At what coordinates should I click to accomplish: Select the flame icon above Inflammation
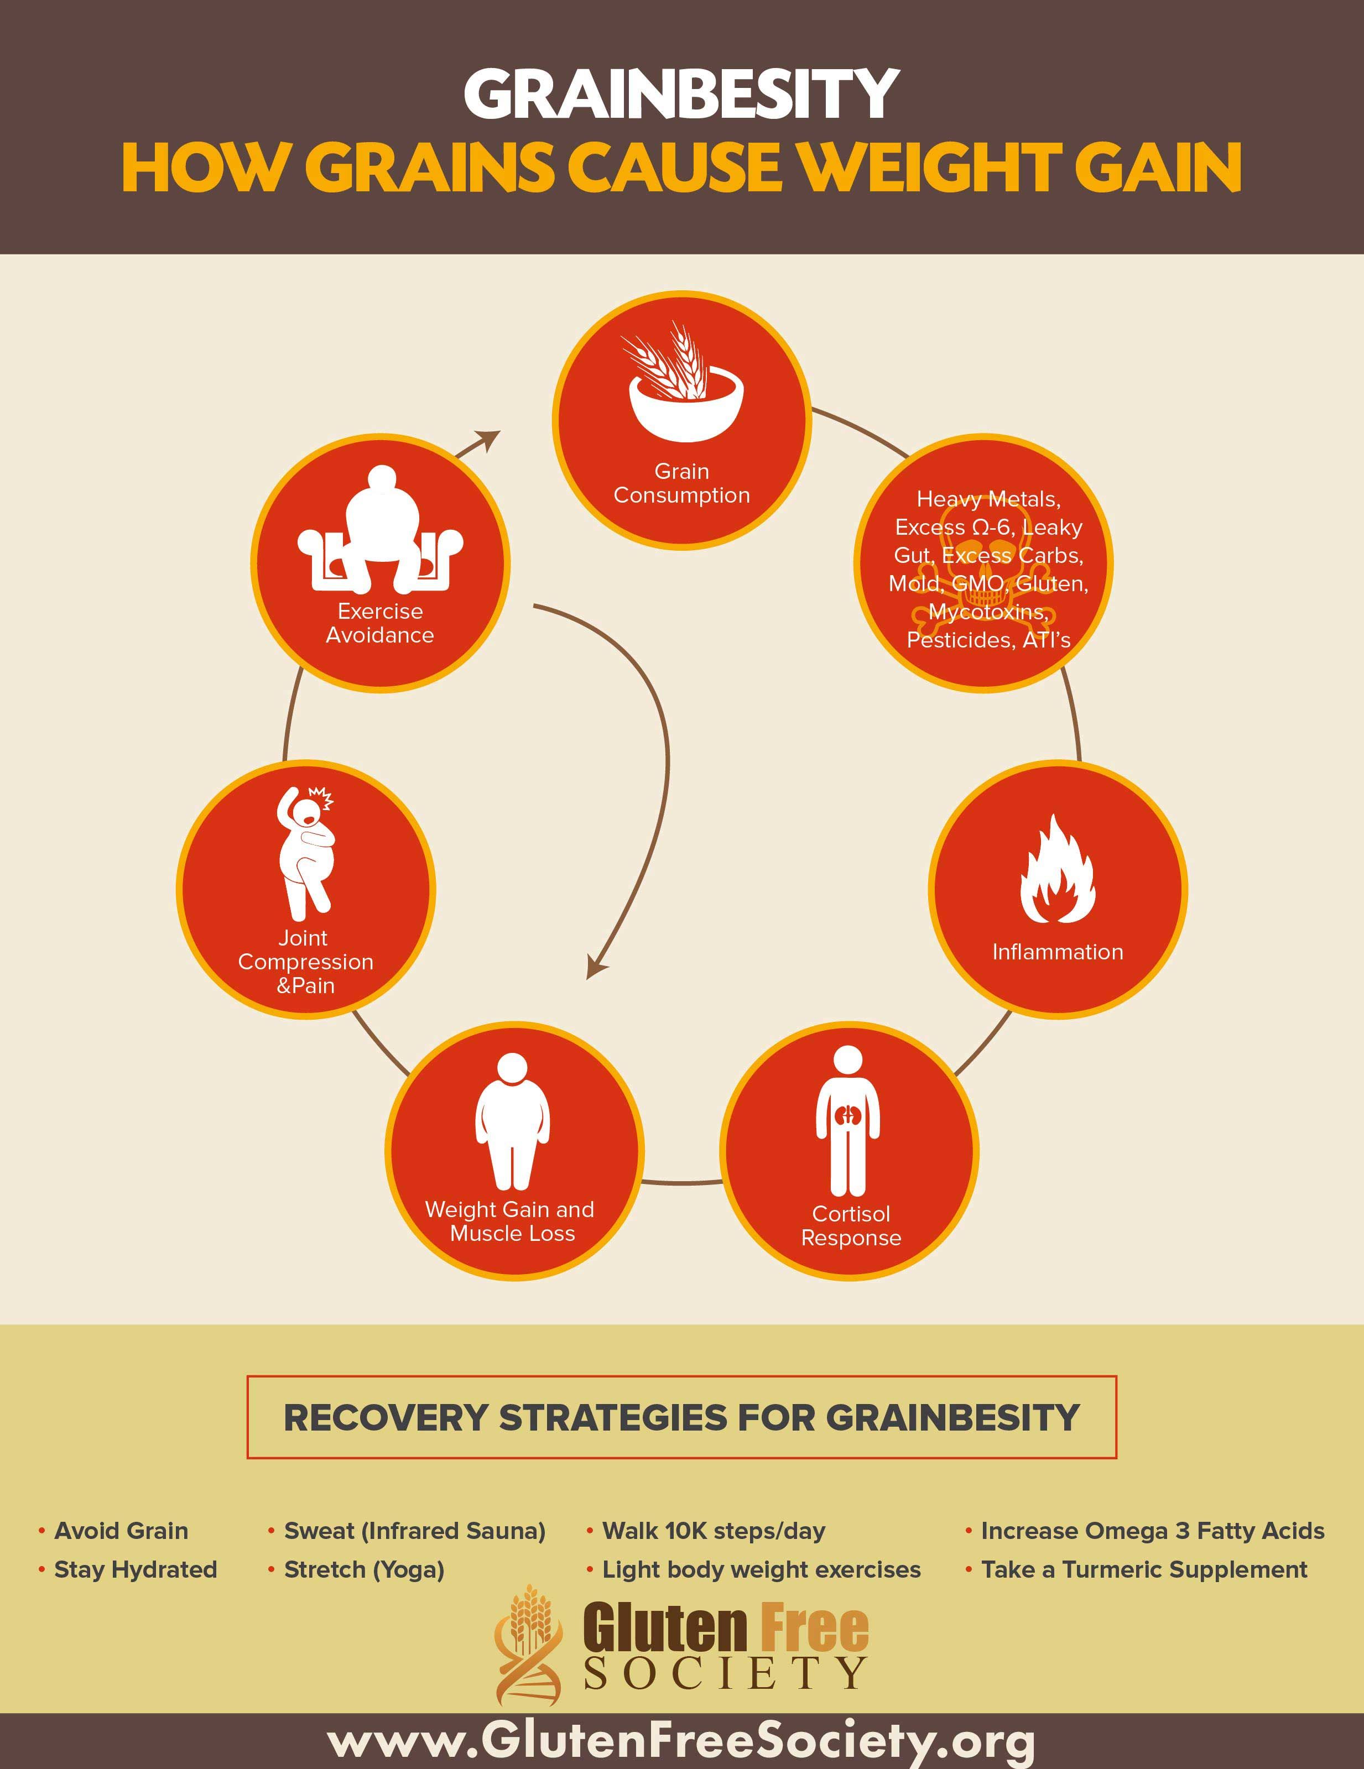tap(1057, 869)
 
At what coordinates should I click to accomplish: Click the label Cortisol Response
tap(851, 1225)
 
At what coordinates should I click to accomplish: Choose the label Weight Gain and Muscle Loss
tap(511, 1222)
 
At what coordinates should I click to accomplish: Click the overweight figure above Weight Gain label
tap(512, 1121)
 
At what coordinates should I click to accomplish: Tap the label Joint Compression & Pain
tap(305, 962)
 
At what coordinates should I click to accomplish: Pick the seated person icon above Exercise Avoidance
tap(380, 528)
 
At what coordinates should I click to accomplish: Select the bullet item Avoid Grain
tap(121, 1531)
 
